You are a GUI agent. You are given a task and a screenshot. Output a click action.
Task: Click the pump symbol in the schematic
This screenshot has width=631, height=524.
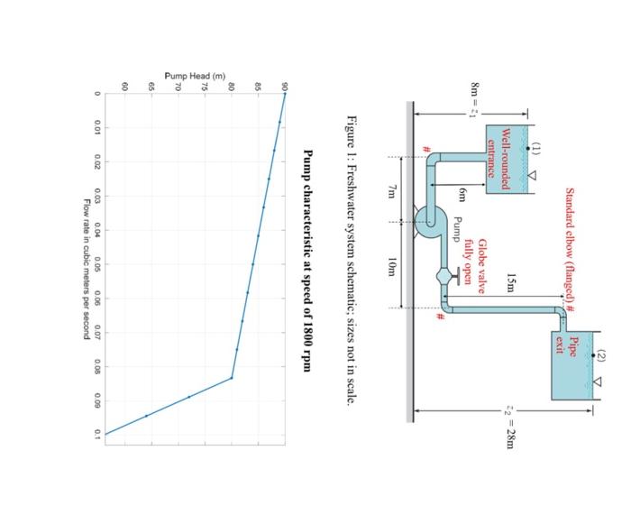point(429,219)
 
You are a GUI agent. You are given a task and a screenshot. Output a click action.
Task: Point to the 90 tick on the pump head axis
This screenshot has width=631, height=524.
point(284,87)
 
